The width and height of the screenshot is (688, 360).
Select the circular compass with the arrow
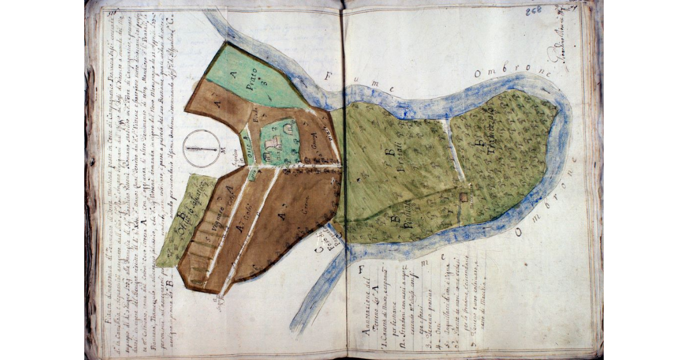click(x=201, y=147)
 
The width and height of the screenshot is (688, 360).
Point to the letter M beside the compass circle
click(x=221, y=151)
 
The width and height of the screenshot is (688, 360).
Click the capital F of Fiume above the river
click(x=329, y=75)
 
